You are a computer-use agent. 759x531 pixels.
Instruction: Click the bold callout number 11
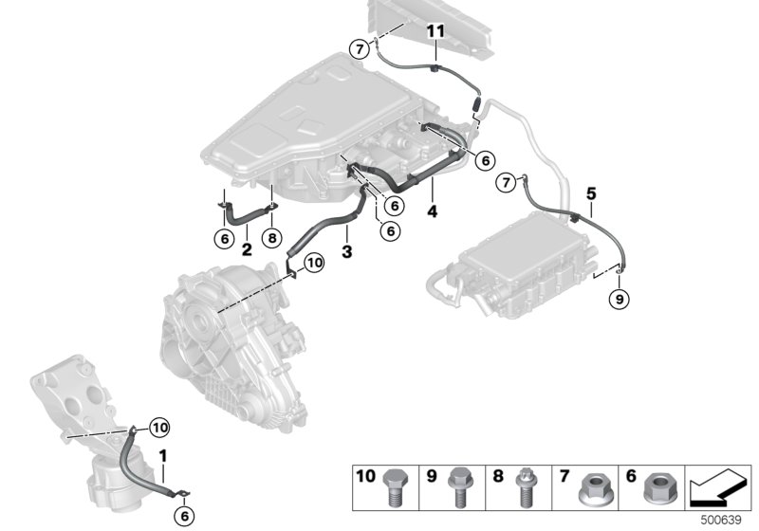coord(435,31)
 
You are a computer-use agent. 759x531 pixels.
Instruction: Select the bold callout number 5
coord(591,193)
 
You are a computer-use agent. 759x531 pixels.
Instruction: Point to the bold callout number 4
coord(432,212)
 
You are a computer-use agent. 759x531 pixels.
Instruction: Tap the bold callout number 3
coord(347,252)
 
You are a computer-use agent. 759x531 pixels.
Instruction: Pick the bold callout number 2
coord(246,250)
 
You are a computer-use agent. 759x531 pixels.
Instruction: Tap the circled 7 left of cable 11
coord(359,49)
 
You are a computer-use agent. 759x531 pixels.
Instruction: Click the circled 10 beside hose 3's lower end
coord(315,261)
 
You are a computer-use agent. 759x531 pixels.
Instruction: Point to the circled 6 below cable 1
coord(186,515)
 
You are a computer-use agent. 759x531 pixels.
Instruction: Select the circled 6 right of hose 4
coord(485,161)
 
